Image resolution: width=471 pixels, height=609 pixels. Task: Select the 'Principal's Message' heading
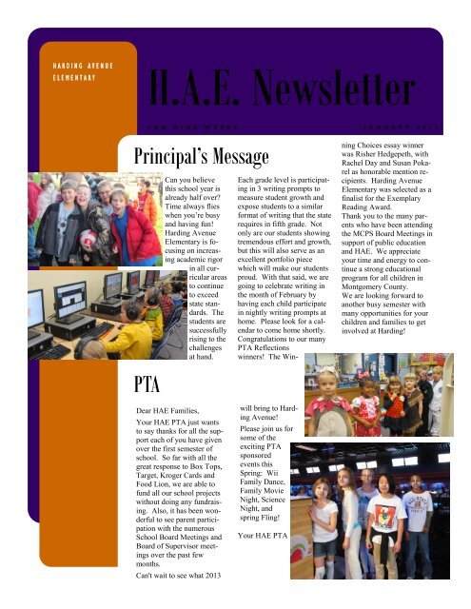pyautogui.click(x=186, y=153)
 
